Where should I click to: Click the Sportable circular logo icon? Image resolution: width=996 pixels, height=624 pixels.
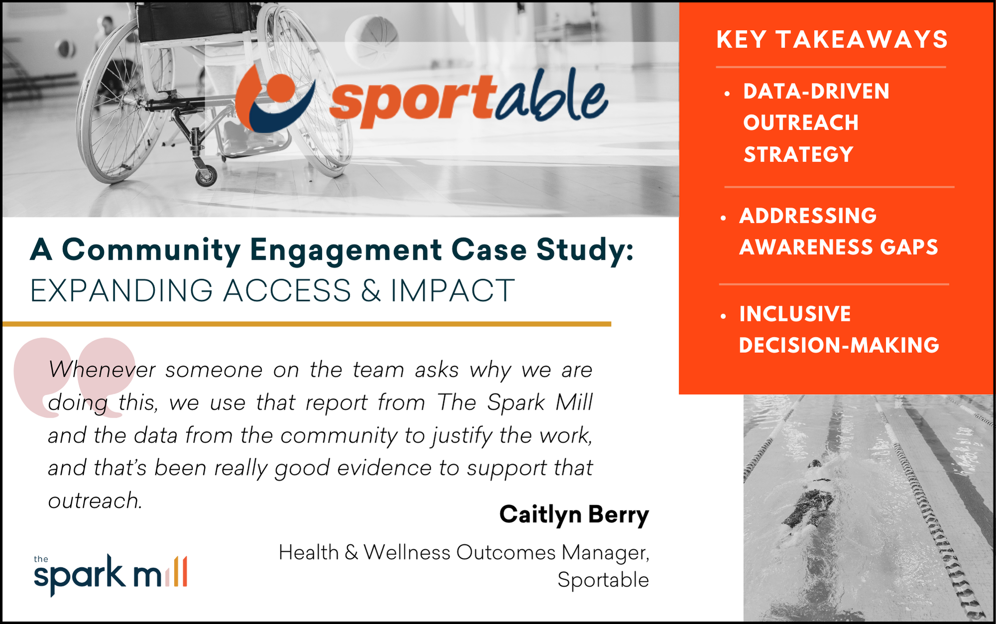[274, 100]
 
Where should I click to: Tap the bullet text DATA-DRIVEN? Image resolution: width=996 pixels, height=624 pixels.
[816, 91]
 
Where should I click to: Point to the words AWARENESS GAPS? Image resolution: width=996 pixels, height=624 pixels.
[839, 247]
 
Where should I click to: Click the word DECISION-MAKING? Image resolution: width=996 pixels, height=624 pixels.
[839, 345]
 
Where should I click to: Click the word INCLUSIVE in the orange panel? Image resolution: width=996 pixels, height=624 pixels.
[795, 314]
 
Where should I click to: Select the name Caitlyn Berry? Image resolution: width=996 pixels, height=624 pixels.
[574, 514]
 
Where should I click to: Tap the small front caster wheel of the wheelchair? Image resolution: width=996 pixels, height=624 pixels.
[206, 176]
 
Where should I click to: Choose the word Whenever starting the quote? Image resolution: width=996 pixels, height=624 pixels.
[102, 370]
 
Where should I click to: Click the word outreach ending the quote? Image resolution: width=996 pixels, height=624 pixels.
[95, 501]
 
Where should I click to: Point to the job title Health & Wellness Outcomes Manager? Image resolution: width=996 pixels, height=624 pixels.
[463, 552]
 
